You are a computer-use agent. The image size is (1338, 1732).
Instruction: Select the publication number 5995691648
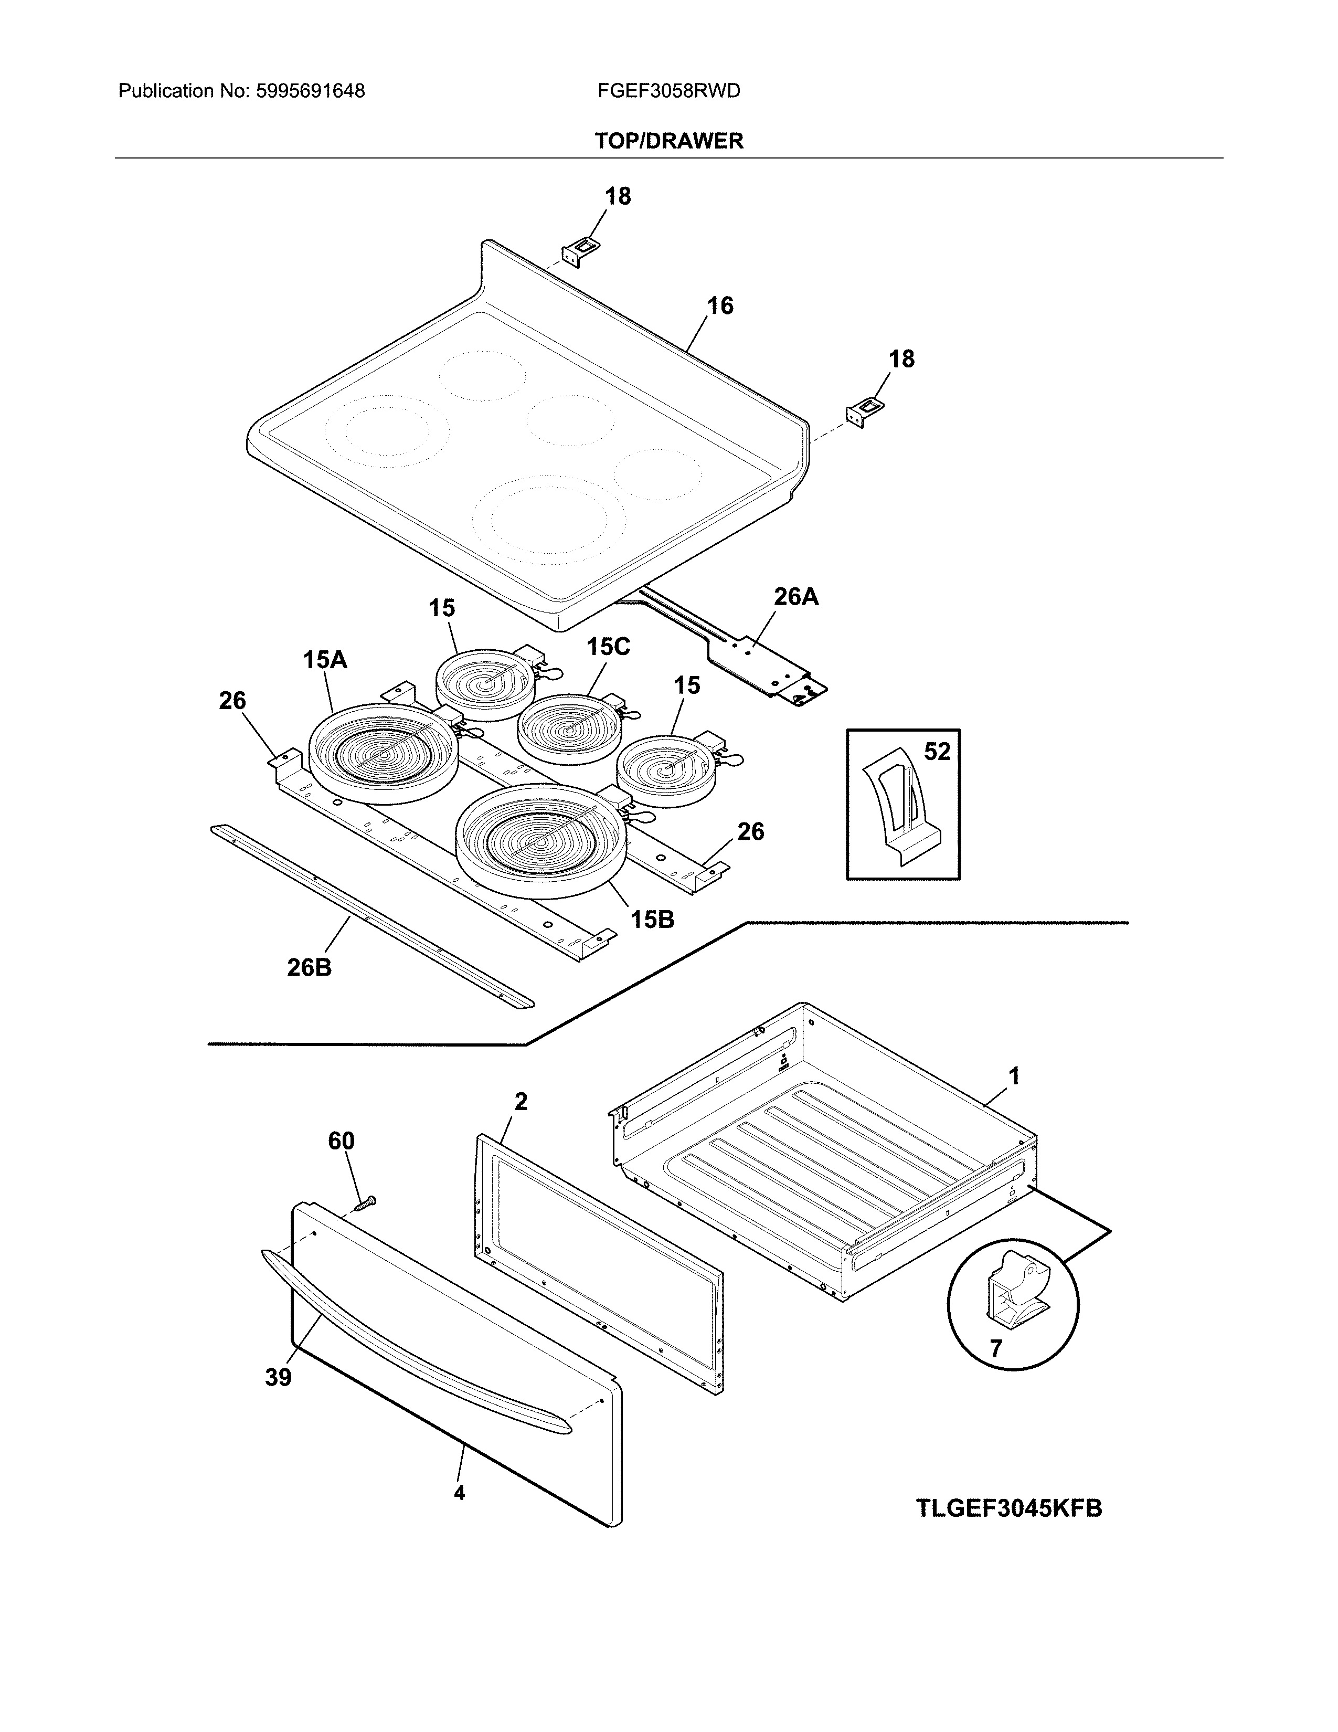pyautogui.click(x=310, y=91)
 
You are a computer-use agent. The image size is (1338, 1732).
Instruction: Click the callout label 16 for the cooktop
pyautogui.click(x=720, y=305)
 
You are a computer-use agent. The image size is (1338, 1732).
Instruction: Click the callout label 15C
pyautogui.click(x=608, y=647)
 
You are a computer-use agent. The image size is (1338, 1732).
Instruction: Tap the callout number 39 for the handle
pyautogui.click(x=278, y=1378)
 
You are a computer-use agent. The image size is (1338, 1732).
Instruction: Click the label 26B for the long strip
pyautogui.click(x=309, y=967)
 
